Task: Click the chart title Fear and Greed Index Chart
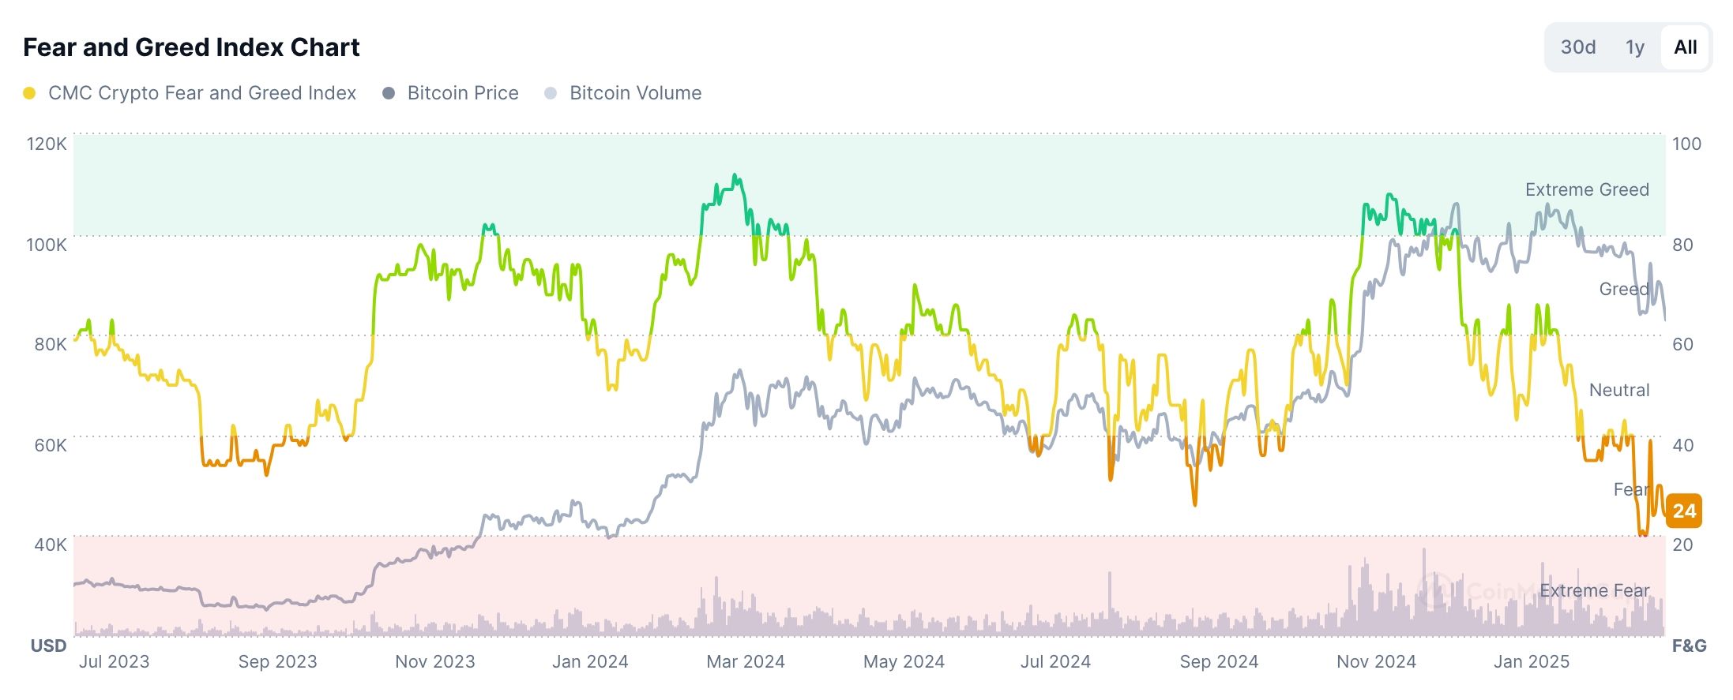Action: tap(191, 47)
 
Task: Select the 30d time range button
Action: tap(1577, 47)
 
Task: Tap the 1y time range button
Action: tap(1634, 47)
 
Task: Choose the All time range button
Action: tap(1685, 47)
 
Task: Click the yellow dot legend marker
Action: tap(29, 93)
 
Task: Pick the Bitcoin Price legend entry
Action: tap(462, 93)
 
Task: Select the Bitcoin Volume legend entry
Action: tap(634, 93)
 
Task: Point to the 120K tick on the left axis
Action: tap(47, 144)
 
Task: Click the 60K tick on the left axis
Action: tap(50, 445)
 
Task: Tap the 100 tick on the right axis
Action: tap(1686, 144)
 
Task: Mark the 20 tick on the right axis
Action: tap(1682, 545)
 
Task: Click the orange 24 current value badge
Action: tap(1684, 511)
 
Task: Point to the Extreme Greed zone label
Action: tap(1586, 189)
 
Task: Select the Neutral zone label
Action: tap(1618, 390)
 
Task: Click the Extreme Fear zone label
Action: tap(1594, 590)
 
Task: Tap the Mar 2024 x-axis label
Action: tap(745, 661)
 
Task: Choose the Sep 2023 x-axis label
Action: tap(277, 661)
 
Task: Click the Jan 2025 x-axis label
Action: tap(1531, 661)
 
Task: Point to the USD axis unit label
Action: tap(48, 646)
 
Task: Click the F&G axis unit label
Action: tap(1689, 646)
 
